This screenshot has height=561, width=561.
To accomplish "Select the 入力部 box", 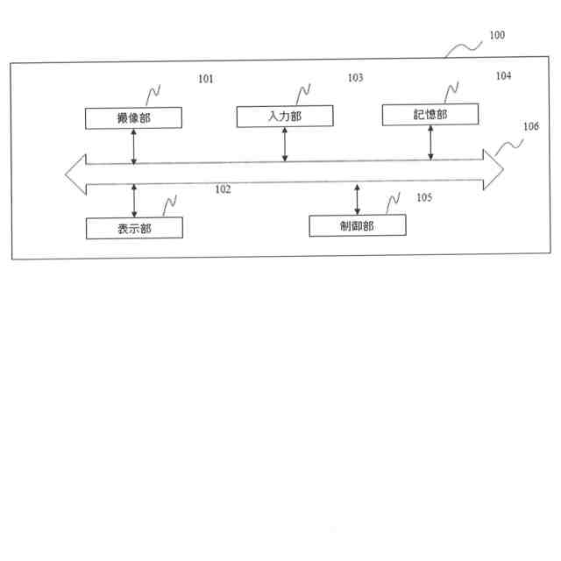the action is click(284, 116).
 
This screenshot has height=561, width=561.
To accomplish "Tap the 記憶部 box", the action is click(430, 114).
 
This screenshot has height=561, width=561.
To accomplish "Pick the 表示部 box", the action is click(134, 228).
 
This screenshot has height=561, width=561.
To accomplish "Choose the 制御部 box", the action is click(358, 225).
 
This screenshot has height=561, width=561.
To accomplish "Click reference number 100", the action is click(496, 36).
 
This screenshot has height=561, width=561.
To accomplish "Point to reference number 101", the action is click(205, 80).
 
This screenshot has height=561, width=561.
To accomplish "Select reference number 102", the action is click(223, 188).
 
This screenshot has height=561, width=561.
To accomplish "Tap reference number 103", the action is click(355, 78).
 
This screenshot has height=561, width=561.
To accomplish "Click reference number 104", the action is click(503, 76).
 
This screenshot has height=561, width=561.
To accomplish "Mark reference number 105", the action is click(424, 198).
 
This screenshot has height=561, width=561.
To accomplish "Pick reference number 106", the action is click(531, 126).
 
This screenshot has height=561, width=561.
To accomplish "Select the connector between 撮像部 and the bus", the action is click(133, 146).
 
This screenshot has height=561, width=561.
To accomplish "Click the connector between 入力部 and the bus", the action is click(284, 144).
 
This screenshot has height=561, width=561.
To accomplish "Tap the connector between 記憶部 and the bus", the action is click(430, 142).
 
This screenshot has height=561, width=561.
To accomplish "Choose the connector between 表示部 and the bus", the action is click(134, 201).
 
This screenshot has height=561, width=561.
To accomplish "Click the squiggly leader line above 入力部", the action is click(303, 93).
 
